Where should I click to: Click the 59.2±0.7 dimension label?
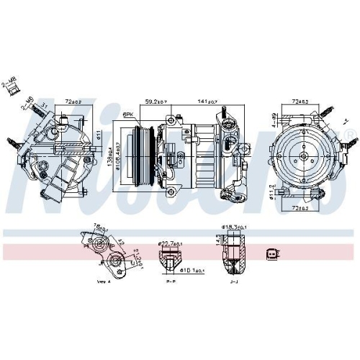[x=156, y=102]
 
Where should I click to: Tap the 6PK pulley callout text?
[x=130, y=114]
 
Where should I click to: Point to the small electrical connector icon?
[x=271, y=253]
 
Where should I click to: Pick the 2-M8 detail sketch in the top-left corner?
[x=12, y=84]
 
